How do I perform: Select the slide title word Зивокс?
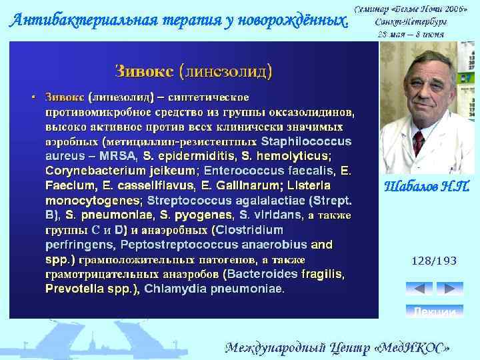coord(145,71)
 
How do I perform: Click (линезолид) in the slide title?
coord(225,71)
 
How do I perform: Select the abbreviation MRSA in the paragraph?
coord(117,156)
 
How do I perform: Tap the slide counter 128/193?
coord(434,261)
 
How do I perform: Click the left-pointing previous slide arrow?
coord(419,289)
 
